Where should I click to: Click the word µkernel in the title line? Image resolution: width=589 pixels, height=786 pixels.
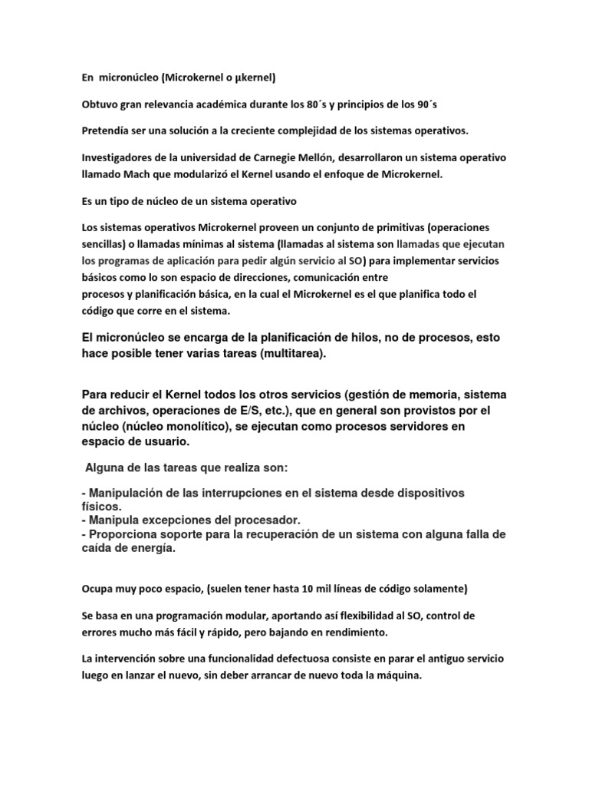252,78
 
